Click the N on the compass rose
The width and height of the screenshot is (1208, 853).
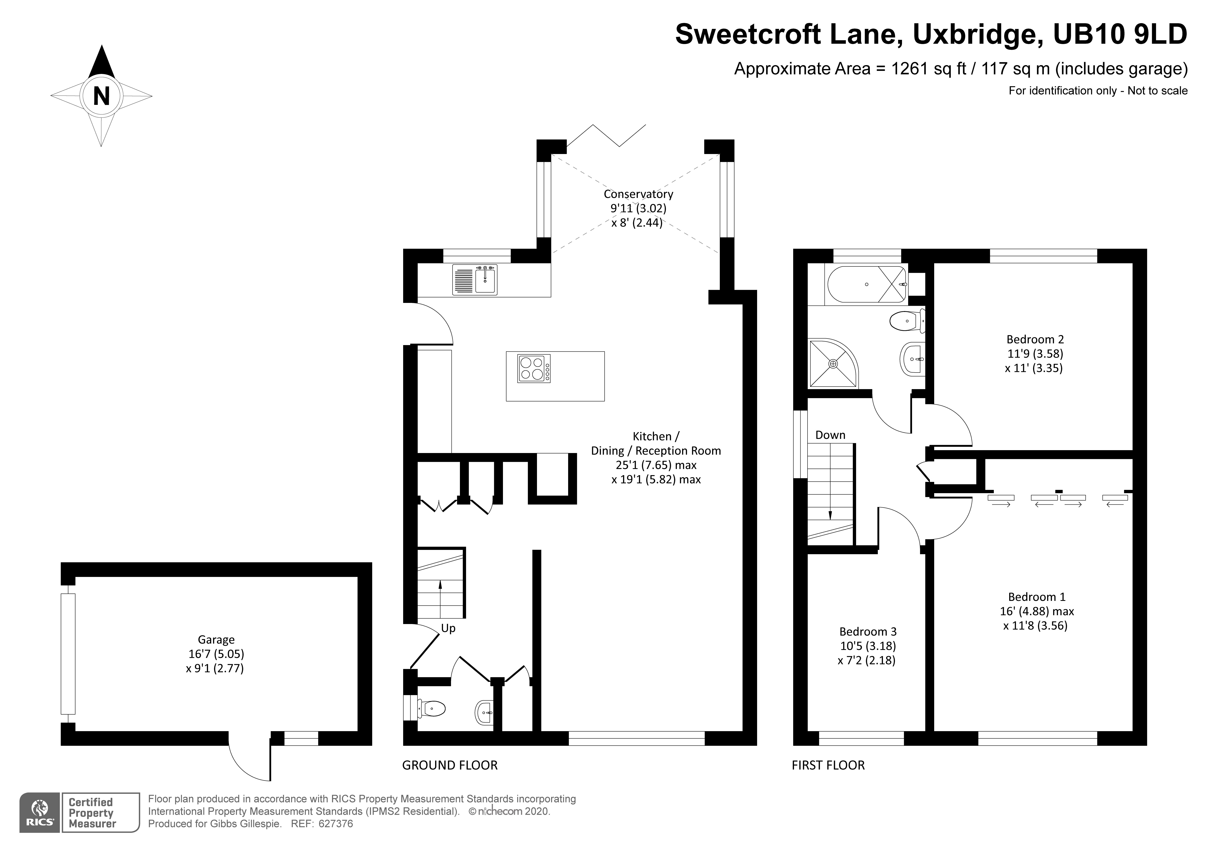[x=101, y=96]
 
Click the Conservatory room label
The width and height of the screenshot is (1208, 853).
[x=638, y=194]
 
